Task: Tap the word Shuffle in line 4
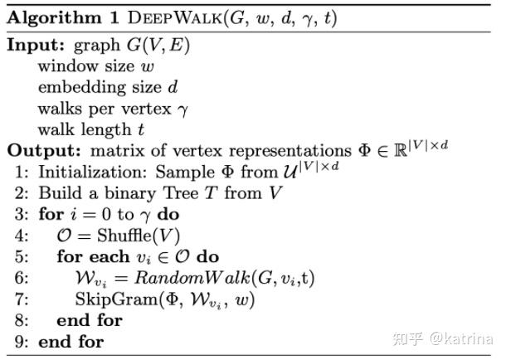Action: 127,236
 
